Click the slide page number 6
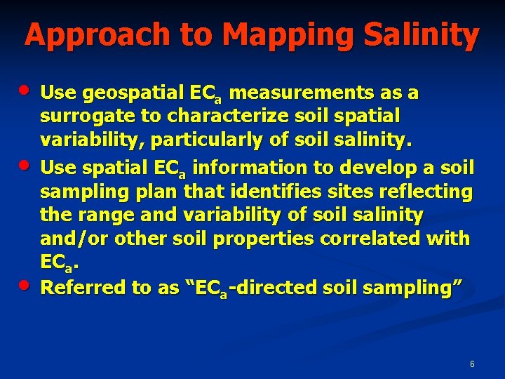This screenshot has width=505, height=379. pyautogui.click(x=472, y=364)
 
